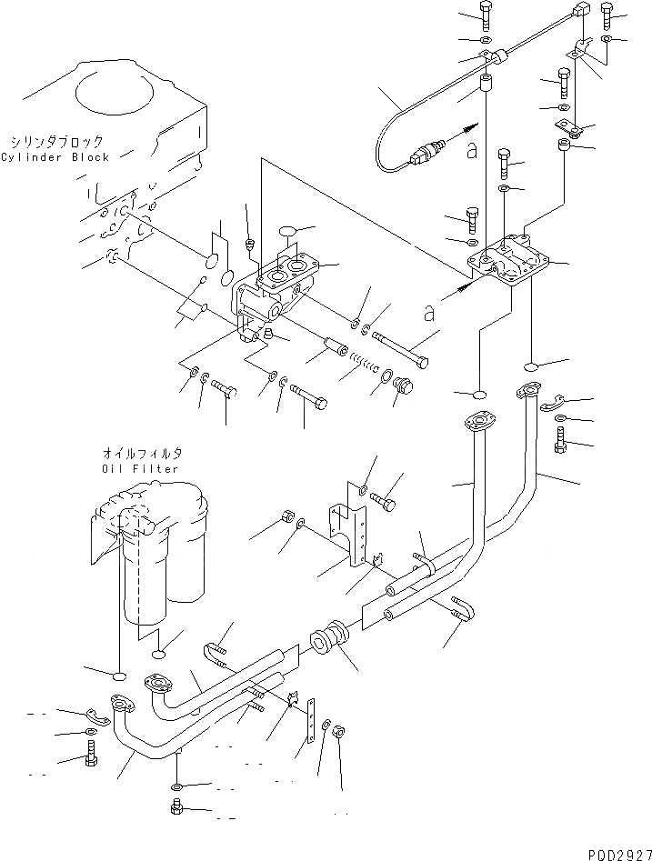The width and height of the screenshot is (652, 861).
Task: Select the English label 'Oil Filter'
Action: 140,468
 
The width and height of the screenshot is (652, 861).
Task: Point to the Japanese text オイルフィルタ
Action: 141,453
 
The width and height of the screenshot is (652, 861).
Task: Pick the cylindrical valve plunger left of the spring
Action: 331,349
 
